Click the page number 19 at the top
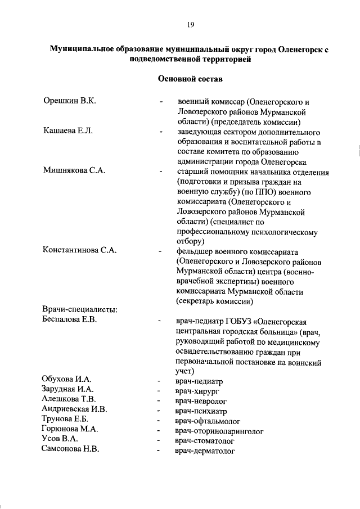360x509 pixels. (191, 24)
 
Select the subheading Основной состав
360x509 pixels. (191, 79)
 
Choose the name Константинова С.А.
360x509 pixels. (80, 250)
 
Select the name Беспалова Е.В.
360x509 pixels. (70, 321)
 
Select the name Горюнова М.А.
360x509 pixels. (70, 430)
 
